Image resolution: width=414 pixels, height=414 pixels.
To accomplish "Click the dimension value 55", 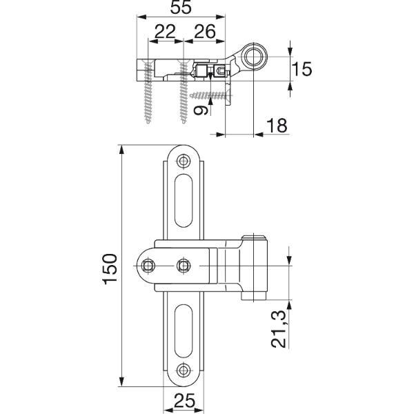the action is [x=181, y=8].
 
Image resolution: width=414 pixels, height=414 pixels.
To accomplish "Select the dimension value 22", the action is [x=165, y=32].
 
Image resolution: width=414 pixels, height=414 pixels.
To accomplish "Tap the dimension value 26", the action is [x=205, y=32].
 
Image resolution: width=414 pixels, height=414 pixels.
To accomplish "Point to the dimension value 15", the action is [x=302, y=69].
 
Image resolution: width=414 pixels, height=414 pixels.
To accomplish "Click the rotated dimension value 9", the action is [x=201, y=110].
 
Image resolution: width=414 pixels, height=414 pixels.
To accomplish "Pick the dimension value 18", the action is [x=277, y=125].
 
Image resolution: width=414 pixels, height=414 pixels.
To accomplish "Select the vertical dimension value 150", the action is [x=110, y=269].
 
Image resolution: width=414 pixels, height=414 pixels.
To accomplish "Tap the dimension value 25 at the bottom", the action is [x=185, y=401].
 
